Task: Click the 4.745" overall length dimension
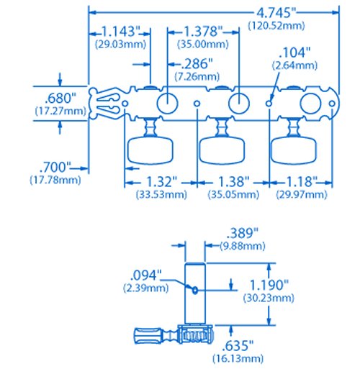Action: click(x=276, y=12)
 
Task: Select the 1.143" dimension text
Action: click(x=121, y=31)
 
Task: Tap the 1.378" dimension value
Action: click(x=203, y=31)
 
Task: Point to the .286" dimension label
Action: click(x=197, y=63)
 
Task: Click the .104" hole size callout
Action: click(x=294, y=53)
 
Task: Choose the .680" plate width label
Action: click(x=60, y=98)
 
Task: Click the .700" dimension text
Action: click(x=55, y=167)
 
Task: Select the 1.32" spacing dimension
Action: click(x=161, y=182)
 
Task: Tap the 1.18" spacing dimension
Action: click(x=302, y=182)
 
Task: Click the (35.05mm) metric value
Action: click(x=233, y=194)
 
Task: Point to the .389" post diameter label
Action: click(x=243, y=233)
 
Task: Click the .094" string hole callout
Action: click(x=145, y=275)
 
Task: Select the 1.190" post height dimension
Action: click(x=269, y=285)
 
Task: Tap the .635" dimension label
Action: click(x=238, y=345)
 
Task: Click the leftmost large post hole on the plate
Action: click(x=167, y=104)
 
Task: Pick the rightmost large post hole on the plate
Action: click(x=310, y=104)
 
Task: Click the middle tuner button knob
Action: click(x=222, y=151)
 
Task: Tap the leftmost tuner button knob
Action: click(x=150, y=151)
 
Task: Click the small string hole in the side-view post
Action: click(x=195, y=290)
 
